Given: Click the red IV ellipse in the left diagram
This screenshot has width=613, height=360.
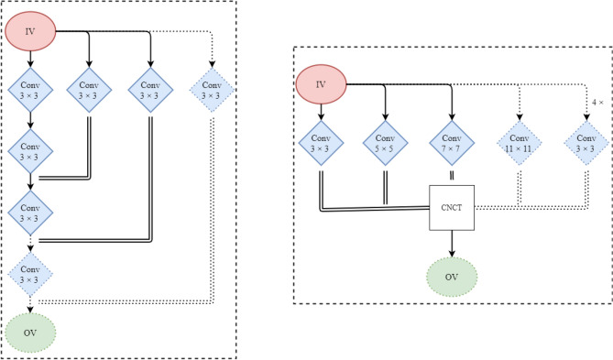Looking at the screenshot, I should (x=30, y=33).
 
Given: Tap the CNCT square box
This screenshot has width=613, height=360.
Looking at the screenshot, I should (x=451, y=208).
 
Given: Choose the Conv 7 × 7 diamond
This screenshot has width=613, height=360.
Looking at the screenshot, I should (x=451, y=142).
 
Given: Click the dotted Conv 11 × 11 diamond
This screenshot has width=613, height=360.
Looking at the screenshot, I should (x=519, y=142).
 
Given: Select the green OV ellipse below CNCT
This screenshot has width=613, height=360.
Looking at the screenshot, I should (x=451, y=276).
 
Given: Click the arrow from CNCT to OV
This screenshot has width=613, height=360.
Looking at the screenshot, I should (x=451, y=243).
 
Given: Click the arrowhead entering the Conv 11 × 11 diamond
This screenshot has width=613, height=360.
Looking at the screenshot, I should (x=519, y=115).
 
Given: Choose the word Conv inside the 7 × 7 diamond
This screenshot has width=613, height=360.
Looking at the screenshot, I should (x=451, y=136).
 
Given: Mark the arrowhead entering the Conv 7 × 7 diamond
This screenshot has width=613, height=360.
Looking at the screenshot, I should (x=451, y=115).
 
